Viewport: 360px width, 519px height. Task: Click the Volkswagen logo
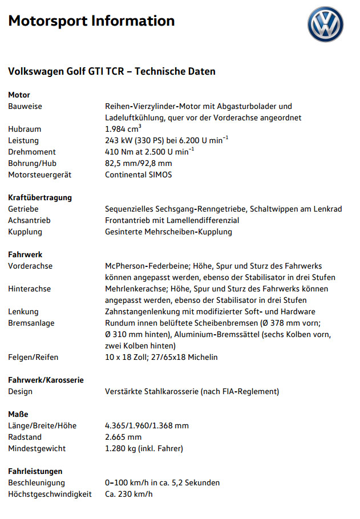pos(326,25)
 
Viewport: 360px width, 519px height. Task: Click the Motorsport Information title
pos(91,22)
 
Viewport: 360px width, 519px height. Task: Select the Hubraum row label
pos(25,129)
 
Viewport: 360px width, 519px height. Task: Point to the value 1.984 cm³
pos(123,129)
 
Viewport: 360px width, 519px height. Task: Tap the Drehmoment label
pos(32,152)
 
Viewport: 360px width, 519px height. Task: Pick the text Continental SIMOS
pos(138,175)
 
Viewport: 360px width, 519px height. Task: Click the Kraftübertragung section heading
pos(40,197)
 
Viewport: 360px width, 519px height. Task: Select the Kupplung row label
pos(25,232)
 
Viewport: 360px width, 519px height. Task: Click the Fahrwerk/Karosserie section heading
pos(46,380)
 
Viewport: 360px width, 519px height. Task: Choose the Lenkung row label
pos(23,311)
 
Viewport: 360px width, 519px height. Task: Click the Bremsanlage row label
pos(31,323)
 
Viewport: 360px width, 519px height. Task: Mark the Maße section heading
pos(18,414)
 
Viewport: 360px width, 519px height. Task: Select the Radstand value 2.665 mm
pos(123,437)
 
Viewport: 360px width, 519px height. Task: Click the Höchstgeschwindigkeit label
pos(50,494)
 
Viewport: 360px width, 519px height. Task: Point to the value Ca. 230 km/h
pos(128,494)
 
